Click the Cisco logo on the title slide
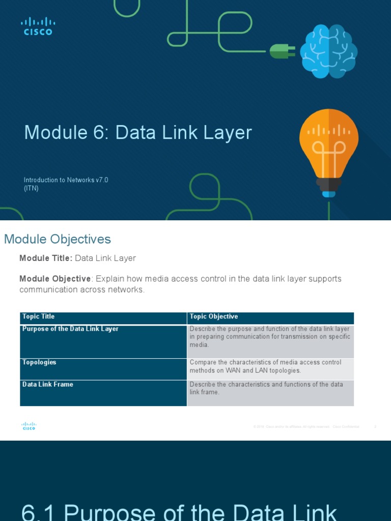pos(38,26)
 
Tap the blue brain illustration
pos(328,52)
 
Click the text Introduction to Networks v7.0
pos(66,180)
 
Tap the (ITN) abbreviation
pos(31,188)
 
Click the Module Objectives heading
pos(58,239)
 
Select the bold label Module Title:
pos(46,258)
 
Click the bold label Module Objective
pos(55,279)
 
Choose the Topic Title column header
pos(39,316)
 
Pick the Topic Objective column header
pos(214,316)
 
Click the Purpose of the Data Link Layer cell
pos(70,329)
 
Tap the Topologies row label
pos(39,362)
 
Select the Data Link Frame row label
pos(48,384)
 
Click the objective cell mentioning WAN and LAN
pos(265,366)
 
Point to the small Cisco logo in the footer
pos(29,426)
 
